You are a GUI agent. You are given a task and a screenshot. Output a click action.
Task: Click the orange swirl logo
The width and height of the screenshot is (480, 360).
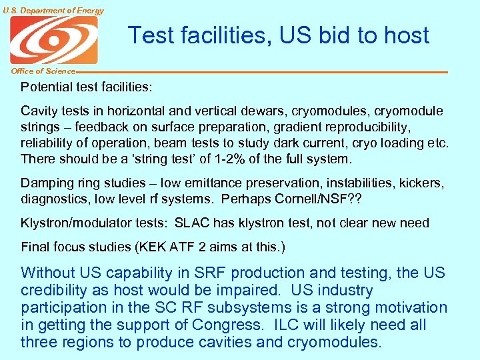[53, 39]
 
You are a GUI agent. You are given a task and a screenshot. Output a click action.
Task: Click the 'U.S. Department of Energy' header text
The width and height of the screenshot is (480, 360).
[53, 10]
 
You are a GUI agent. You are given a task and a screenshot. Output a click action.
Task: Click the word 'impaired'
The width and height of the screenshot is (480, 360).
[247, 291]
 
